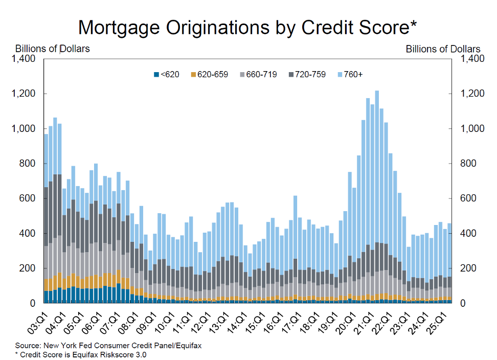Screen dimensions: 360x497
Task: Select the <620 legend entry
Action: (167, 75)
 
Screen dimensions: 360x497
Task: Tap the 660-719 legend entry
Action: (258, 75)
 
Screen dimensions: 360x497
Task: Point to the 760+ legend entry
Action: (349, 75)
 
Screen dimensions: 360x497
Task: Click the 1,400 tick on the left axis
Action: (22, 59)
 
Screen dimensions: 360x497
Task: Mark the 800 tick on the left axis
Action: (28, 164)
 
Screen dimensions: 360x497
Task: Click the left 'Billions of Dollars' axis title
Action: (53, 49)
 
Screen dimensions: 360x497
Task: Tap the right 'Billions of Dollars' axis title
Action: (443, 49)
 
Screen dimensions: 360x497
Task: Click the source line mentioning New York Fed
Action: (108, 346)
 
